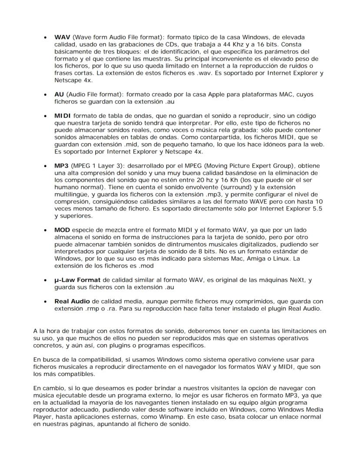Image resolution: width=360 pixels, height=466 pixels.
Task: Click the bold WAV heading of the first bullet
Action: [x=62, y=38]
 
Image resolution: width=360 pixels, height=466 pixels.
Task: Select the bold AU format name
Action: [x=59, y=94]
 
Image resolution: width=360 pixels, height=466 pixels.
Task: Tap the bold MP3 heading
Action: [x=62, y=167]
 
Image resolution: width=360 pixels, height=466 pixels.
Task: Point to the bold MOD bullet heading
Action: [x=63, y=230]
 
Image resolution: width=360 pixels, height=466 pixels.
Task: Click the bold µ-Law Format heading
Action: [x=77, y=280]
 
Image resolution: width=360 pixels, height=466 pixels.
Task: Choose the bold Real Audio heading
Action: [x=72, y=302]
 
